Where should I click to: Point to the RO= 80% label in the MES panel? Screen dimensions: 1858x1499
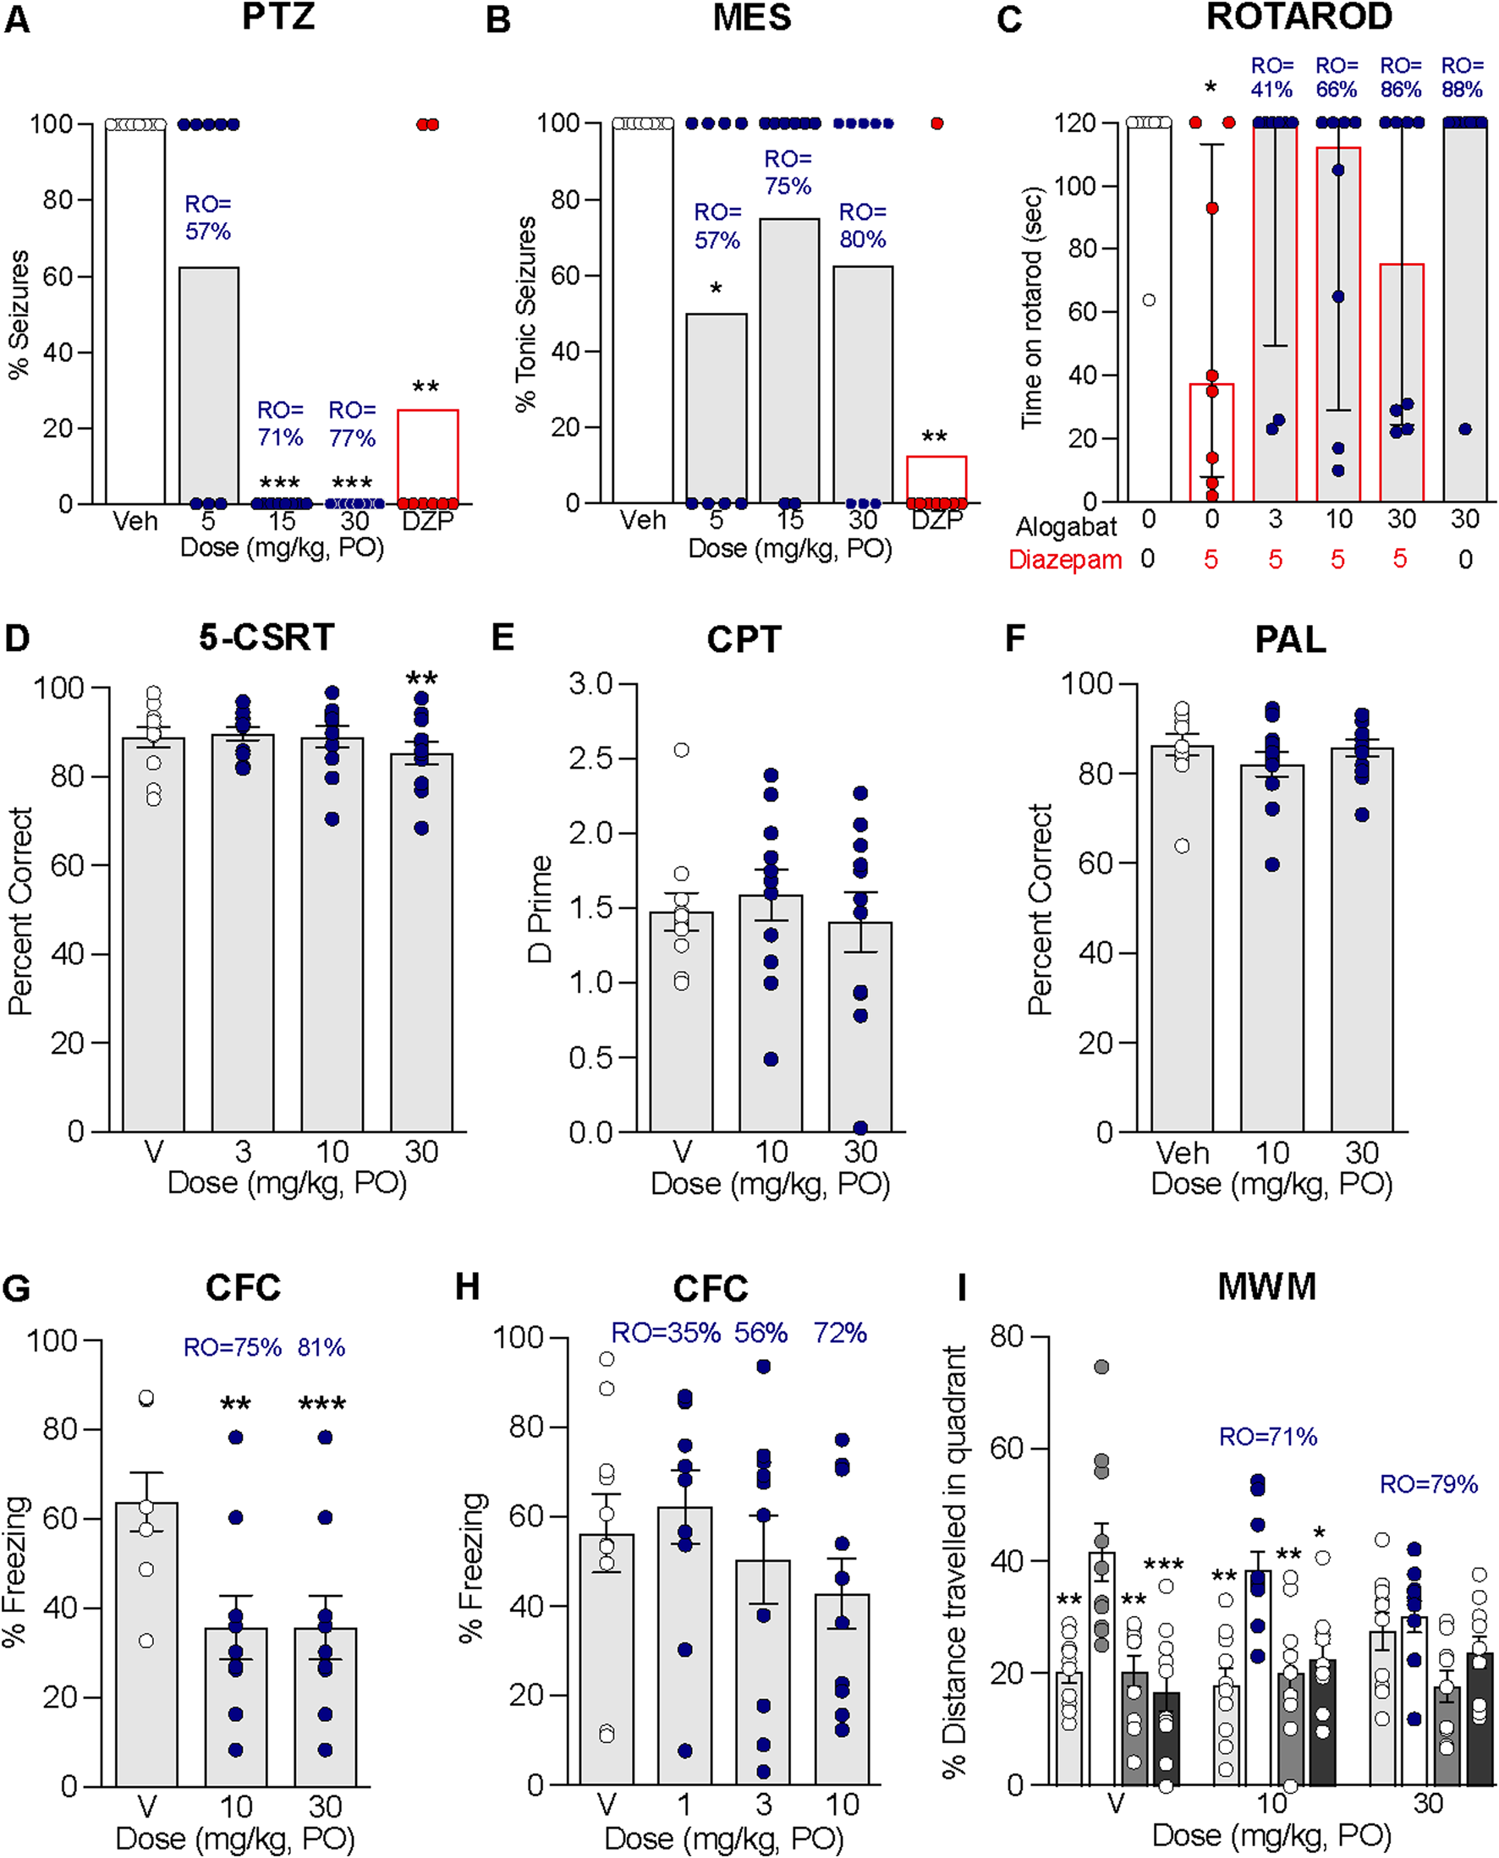click(863, 225)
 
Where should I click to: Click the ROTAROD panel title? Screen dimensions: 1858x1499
click(1299, 17)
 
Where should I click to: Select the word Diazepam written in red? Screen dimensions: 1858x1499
click(1065, 561)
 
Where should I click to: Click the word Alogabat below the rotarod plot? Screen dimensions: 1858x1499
click(1066, 526)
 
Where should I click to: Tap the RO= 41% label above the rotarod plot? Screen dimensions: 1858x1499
click(1272, 78)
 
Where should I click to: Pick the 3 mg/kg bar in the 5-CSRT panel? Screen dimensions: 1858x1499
click(243, 933)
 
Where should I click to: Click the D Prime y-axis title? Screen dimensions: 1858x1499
click(541, 908)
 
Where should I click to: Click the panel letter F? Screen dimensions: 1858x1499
click(1014, 639)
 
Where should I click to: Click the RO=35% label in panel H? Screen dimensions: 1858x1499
click(666, 1333)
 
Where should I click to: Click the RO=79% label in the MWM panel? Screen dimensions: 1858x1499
click(1428, 1484)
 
